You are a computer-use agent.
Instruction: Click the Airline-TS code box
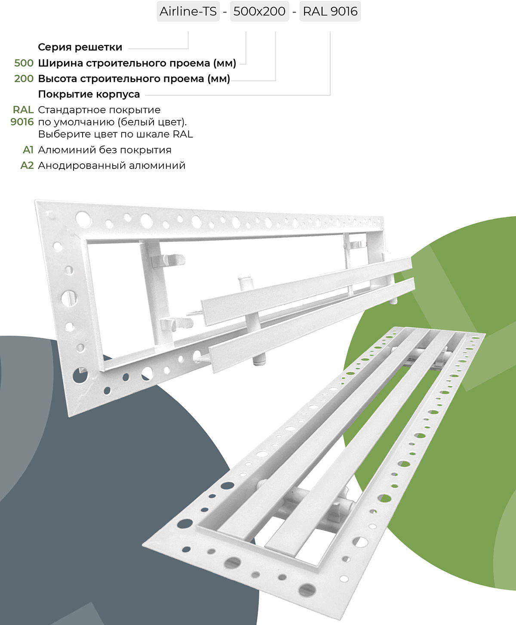(x=188, y=11)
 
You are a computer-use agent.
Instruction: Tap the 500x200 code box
(x=259, y=11)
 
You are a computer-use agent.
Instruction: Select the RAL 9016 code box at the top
(x=330, y=11)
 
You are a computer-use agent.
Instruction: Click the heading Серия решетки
(x=80, y=47)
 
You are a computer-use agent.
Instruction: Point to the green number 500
(x=24, y=63)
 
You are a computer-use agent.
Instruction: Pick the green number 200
(x=24, y=79)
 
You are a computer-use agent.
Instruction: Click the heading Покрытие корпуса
(x=89, y=94)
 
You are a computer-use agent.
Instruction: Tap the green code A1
(x=28, y=150)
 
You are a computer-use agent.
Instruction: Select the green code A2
(x=27, y=165)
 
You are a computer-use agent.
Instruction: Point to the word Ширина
(x=60, y=63)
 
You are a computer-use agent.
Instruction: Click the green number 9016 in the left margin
(x=22, y=122)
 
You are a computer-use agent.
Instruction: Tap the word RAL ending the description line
(x=183, y=134)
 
